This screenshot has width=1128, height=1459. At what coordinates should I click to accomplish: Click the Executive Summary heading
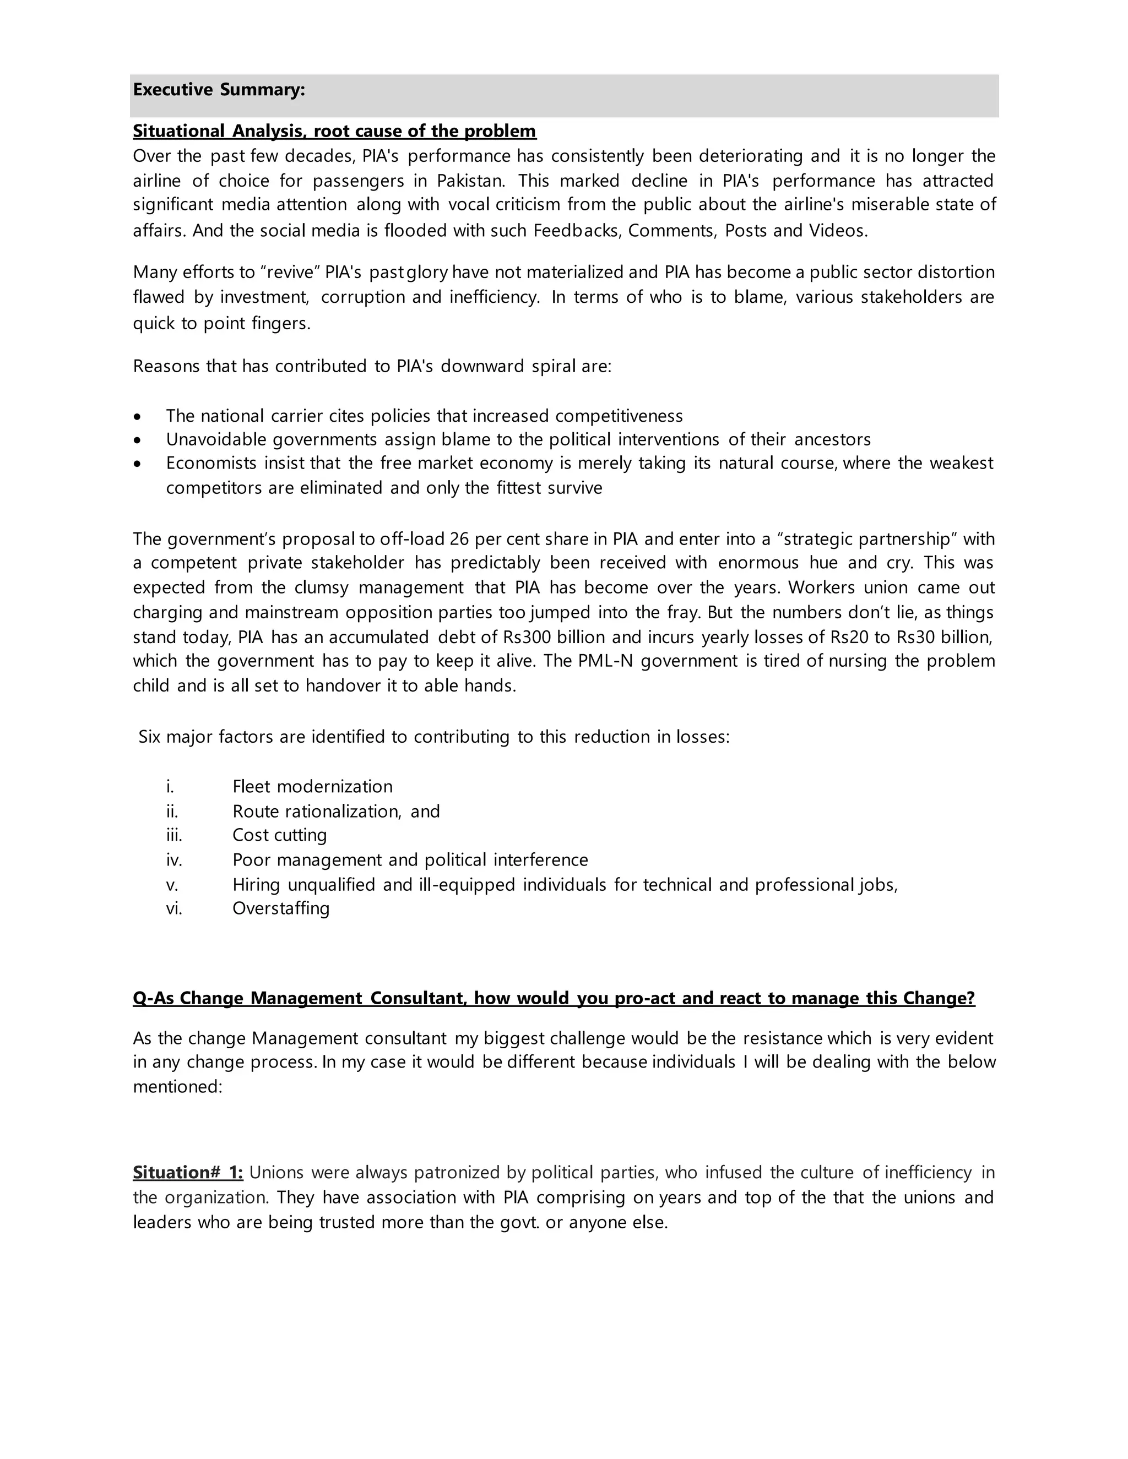[219, 90]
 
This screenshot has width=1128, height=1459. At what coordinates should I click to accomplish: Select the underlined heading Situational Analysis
[334, 131]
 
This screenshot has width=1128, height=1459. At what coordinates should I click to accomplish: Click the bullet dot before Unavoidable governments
[138, 440]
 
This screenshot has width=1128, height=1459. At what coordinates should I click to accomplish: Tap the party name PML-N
[600, 661]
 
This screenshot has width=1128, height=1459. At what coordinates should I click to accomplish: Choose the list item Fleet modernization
[312, 786]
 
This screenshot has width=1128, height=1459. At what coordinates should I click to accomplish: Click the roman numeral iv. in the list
[173, 860]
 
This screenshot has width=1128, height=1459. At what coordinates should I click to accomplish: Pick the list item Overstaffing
[281, 908]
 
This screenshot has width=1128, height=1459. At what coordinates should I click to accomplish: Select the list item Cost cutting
[279, 835]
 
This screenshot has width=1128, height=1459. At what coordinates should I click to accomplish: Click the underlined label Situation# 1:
[188, 1172]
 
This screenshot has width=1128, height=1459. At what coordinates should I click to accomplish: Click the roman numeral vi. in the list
[173, 908]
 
